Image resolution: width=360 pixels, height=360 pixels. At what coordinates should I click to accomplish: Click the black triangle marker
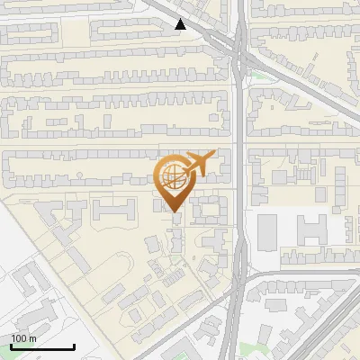click(x=182, y=24)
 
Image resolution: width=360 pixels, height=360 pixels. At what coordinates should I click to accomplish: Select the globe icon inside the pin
click(x=174, y=177)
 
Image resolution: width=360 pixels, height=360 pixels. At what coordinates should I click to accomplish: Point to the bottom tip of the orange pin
click(x=175, y=213)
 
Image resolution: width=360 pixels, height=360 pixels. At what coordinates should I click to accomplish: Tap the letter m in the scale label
click(x=33, y=338)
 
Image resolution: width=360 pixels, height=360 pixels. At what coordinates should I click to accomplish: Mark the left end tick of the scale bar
click(x=10, y=346)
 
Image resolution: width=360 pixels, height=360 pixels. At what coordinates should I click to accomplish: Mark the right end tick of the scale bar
click(x=74, y=346)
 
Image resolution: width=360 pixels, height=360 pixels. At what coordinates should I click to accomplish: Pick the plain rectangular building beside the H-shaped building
click(x=268, y=232)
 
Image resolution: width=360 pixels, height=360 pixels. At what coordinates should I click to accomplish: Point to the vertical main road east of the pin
click(x=240, y=180)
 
